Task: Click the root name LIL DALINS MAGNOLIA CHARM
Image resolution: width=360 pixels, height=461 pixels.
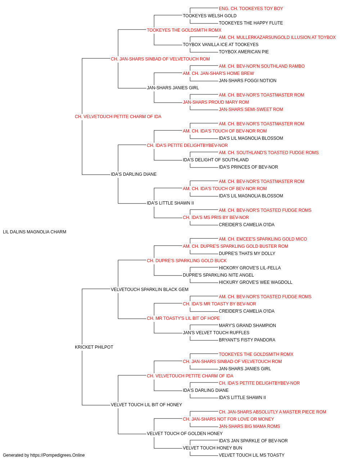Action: point(35,232)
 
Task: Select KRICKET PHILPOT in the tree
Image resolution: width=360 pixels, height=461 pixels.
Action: point(94,347)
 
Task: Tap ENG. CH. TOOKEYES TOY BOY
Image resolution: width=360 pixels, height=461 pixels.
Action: point(251,9)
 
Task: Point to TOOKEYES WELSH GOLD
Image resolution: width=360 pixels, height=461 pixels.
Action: point(210,16)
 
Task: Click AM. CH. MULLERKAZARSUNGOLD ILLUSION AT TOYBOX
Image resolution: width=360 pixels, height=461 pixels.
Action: point(277,37)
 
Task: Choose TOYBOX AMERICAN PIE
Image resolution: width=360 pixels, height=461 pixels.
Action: point(244,52)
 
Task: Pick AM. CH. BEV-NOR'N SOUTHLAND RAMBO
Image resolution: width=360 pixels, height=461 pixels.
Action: point(262,66)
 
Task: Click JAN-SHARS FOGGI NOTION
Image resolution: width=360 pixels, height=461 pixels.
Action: point(247,81)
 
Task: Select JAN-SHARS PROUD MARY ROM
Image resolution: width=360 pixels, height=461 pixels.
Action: point(216,102)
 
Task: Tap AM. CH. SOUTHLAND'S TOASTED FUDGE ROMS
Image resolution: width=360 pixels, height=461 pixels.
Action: point(269,153)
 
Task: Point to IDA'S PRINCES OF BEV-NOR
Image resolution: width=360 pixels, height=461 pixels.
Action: point(248,167)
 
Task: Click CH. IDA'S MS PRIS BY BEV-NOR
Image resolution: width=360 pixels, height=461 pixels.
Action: point(216,218)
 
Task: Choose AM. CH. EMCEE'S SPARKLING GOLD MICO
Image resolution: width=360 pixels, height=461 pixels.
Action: point(263,239)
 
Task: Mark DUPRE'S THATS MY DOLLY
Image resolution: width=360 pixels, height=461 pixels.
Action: point(247,254)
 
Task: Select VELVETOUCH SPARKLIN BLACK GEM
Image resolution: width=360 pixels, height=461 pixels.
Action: point(149,290)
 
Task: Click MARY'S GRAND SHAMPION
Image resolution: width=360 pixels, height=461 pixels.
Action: point(247,326)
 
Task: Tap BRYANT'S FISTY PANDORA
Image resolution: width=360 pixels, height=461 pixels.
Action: point(247,340)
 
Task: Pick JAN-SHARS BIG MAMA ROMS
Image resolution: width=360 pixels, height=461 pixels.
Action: point(249,426)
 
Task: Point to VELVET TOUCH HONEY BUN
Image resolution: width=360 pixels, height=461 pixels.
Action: point(212,448)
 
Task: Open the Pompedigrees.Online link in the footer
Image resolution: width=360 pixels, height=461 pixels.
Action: point(57,455)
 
